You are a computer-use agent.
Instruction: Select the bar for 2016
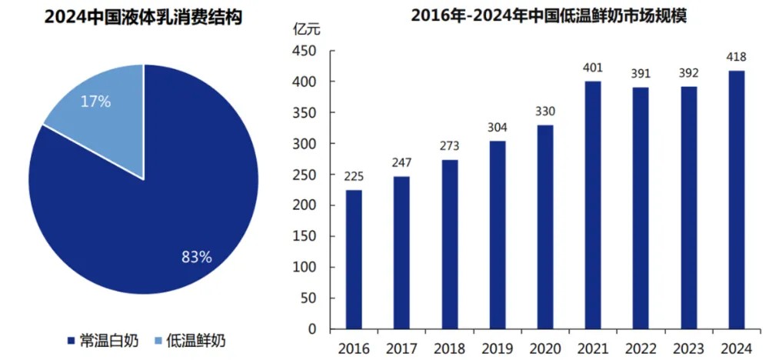tap(353, 259)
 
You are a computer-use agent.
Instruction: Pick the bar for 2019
tap(497, 235)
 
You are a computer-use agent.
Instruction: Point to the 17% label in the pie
tap(96, 101)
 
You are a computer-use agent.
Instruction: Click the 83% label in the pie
tap(196, 257)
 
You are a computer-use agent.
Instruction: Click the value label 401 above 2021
tap(592, 68)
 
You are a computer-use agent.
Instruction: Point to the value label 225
tap(353, 177)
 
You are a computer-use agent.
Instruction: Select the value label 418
tap(736, 57)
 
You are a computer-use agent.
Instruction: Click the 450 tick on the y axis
tap(306, 51)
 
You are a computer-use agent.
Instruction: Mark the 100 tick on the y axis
tap(306, 268)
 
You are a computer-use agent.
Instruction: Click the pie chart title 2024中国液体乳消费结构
tap(143, 15)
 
